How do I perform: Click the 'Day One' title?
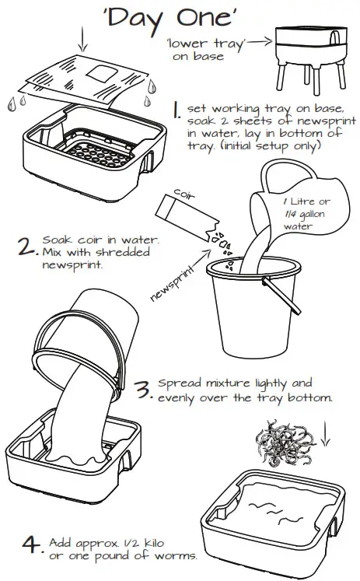[x=180, y=19]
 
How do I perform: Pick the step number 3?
[x=142, y=389]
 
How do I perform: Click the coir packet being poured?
[x=184, y=215]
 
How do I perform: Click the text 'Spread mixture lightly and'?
[x=234, y=383]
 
